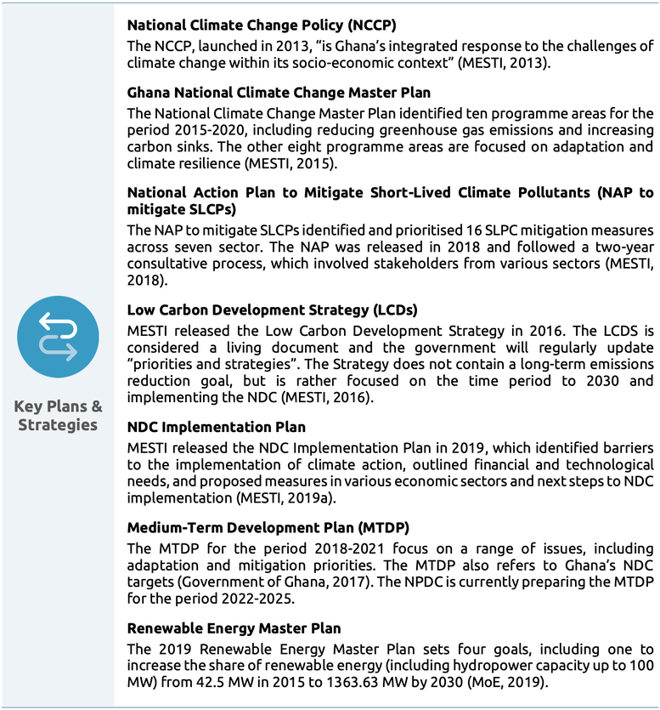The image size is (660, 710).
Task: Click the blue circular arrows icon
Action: coord(58,338)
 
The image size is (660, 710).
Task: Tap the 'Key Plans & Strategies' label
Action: coord(58,415)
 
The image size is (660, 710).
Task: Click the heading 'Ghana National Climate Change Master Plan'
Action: coord(279,93)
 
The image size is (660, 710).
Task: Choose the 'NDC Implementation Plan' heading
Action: coord(216,426)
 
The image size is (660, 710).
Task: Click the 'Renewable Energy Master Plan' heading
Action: coord(234,628)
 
